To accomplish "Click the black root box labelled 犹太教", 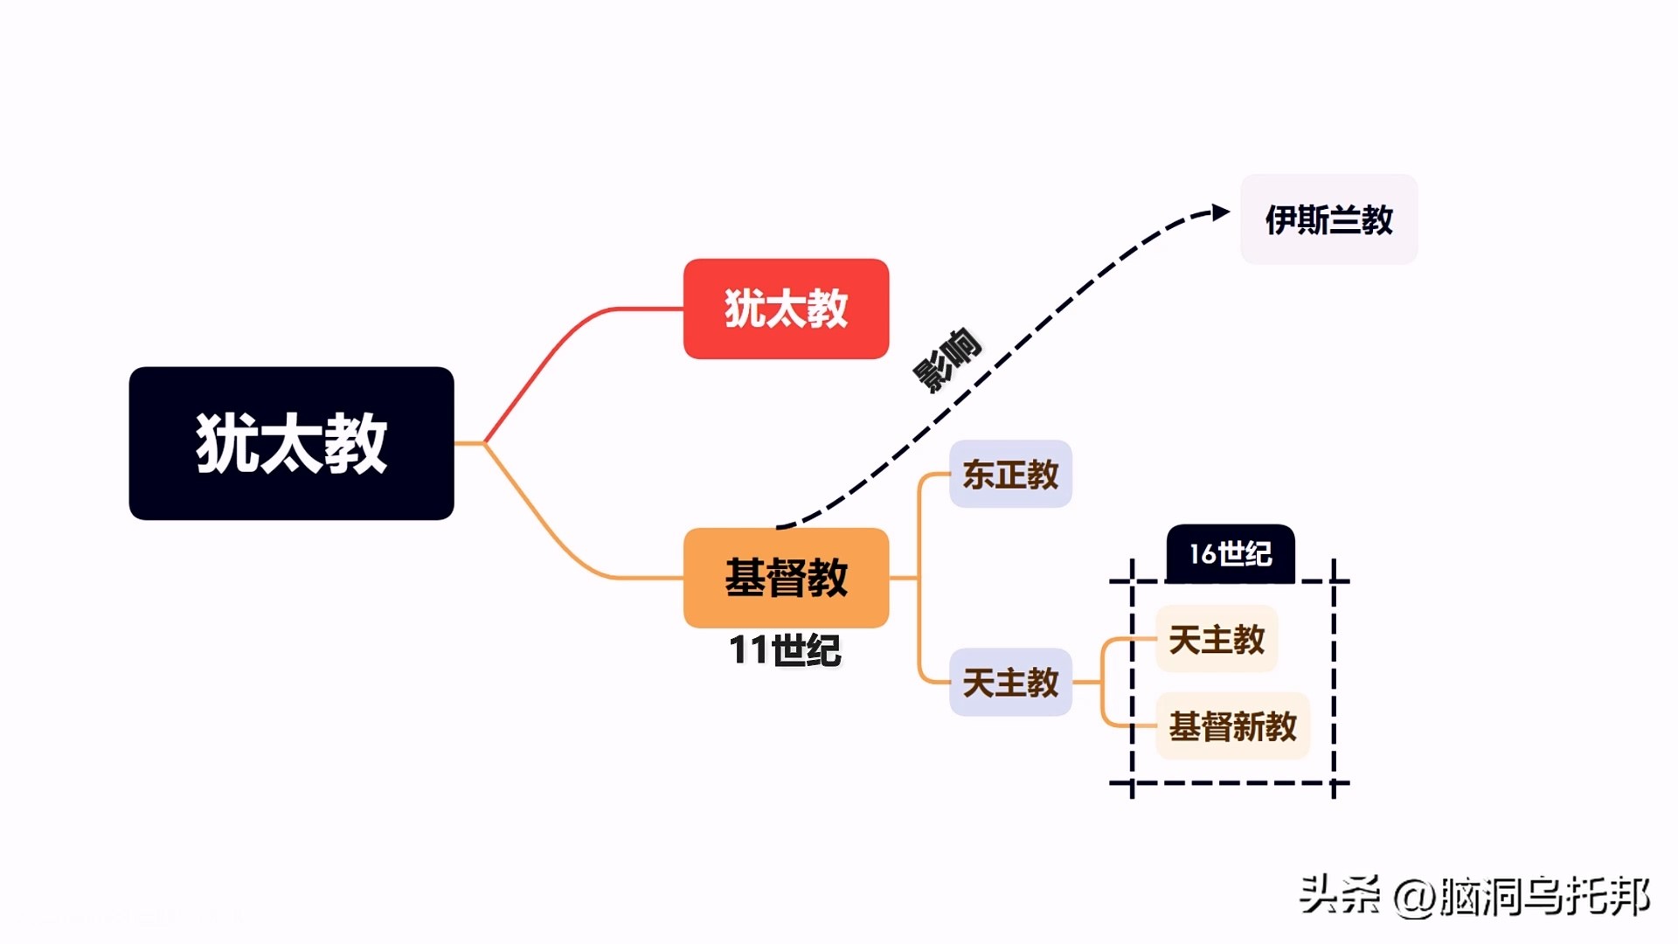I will (291, 443).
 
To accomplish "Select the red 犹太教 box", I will (786, 309).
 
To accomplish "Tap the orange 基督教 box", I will (786, 577).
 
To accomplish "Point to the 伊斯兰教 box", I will (1328, 219).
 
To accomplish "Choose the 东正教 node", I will (1010, 475).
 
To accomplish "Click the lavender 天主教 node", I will (1010, 682).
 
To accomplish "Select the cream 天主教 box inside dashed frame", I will (1217, 639).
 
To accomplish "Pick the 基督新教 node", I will (1232, 726).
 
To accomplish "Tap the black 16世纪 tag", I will (1231, 553).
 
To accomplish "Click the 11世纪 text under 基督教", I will (785, 650).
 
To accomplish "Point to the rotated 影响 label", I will (947, 359).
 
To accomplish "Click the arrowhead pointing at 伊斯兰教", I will (1220, 212).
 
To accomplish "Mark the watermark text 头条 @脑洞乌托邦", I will (1473, 896).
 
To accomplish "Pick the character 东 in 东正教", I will (978, 475).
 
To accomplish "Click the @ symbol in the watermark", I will (1414, 898).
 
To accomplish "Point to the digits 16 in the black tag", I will (1203, 553).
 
